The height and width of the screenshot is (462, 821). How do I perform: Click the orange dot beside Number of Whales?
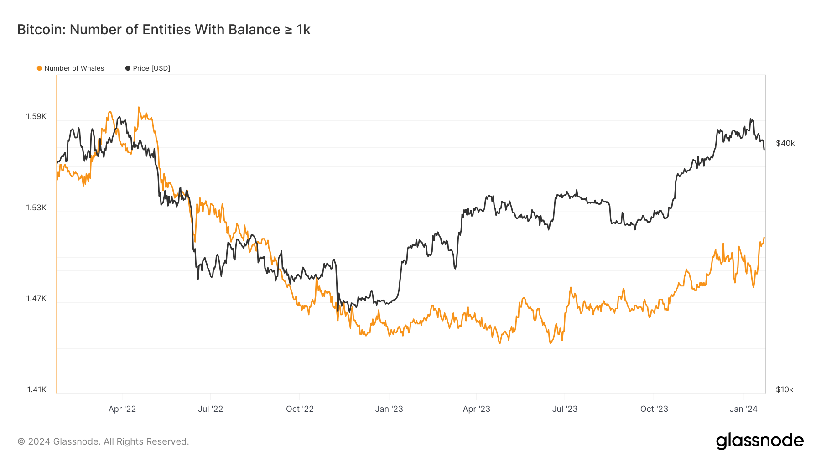pyautogui.click(x=40, y=68)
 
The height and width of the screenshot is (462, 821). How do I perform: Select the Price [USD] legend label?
pyautogui.click(x=151, y=68)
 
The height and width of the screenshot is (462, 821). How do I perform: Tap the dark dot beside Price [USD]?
pyautogui.click(x=128, y=68)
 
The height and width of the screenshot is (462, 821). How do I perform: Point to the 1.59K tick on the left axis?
pyautogui.click(x=36, y=116)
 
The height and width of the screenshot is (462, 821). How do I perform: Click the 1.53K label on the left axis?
pyautogui.click(x=36, y=208)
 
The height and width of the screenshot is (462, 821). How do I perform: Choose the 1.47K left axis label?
pyautogui.click(x=36, y=298)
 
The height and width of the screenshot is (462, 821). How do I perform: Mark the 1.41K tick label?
pyautogui.click(x=36, y=389)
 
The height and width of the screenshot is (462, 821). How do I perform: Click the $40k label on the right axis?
pyautogui.click(x=785, y=143)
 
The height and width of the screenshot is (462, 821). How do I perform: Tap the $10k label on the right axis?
pyautogui.click(x=785, y=389)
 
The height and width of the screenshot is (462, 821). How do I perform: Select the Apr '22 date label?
pyautogui.click(x=122, y=409)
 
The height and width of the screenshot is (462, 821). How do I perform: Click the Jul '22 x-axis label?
pyautogui.click(x=210, y=409)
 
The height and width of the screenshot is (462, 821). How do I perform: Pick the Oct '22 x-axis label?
pyautogui.click(x=300, y=409)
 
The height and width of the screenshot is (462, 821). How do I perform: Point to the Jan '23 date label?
pyautogui.click(x=389, y=409)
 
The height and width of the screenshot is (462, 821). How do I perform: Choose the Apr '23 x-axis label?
pyautogui.click(x=476, y=409)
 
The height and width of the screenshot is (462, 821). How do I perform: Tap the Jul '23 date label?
pyautogui.click(x=565, y=409)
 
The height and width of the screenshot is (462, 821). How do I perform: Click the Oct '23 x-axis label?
pyautogui.click(x=654, y=409)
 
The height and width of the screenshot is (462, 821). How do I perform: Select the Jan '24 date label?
pyautogui.click(x=743, y=409)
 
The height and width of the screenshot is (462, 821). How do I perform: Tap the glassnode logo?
pyautogui.click(x=759, y=441)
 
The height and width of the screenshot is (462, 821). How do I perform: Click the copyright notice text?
pyautogui.click(x=103, y=441)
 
